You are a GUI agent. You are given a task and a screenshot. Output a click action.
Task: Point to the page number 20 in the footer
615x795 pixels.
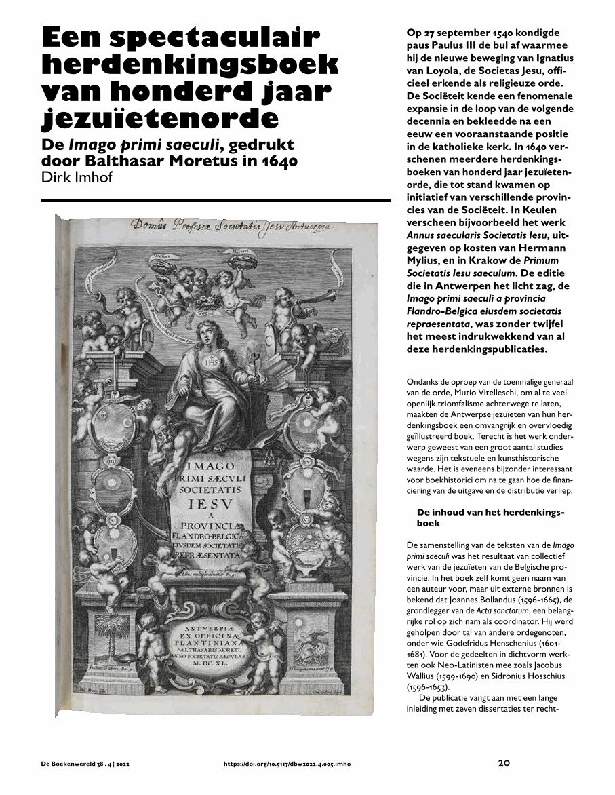[x=503, y=762]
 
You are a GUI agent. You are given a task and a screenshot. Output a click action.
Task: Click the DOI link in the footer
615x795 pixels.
[x=287, y=763]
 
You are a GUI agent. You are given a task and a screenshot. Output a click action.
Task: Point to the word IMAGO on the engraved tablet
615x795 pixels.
[x=211, y=467]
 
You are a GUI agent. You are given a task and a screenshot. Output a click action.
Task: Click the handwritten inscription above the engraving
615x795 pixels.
[x=223, y=225]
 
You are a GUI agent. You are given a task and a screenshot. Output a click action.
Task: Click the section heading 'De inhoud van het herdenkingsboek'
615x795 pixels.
[x=490, y=518]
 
